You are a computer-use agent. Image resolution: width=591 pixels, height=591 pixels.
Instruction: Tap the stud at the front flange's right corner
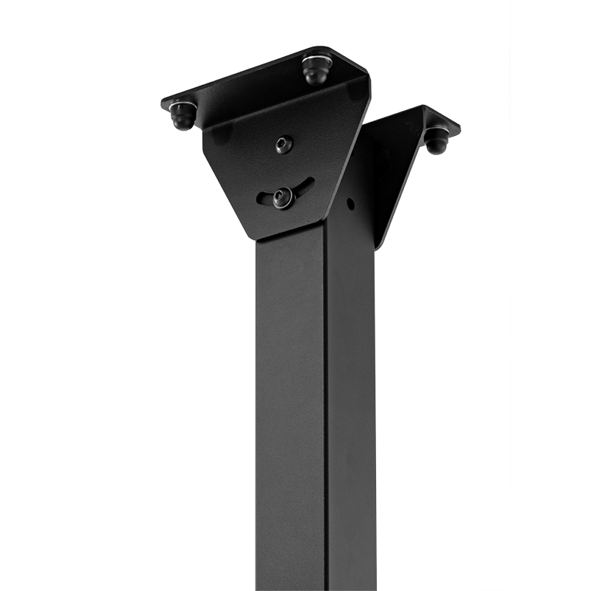pos(316,71)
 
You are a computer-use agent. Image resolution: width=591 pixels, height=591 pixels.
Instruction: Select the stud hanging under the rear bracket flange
pos(436,140)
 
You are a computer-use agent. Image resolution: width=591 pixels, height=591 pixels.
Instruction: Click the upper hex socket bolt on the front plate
pos(284,144)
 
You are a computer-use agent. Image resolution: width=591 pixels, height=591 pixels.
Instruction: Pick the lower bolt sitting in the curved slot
pos(283,197)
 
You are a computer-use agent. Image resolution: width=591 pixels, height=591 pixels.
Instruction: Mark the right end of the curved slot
pos(310,183)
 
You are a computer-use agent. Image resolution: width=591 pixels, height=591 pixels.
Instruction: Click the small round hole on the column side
pos(350,203)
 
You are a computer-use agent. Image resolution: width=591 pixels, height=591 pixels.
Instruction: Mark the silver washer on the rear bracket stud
pos(436,131)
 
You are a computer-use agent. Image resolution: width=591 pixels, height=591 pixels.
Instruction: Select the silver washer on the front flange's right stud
pos(316,61)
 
